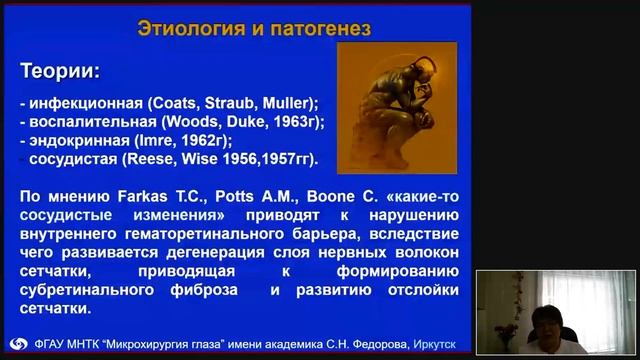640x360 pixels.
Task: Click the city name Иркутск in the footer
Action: (431, 345)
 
